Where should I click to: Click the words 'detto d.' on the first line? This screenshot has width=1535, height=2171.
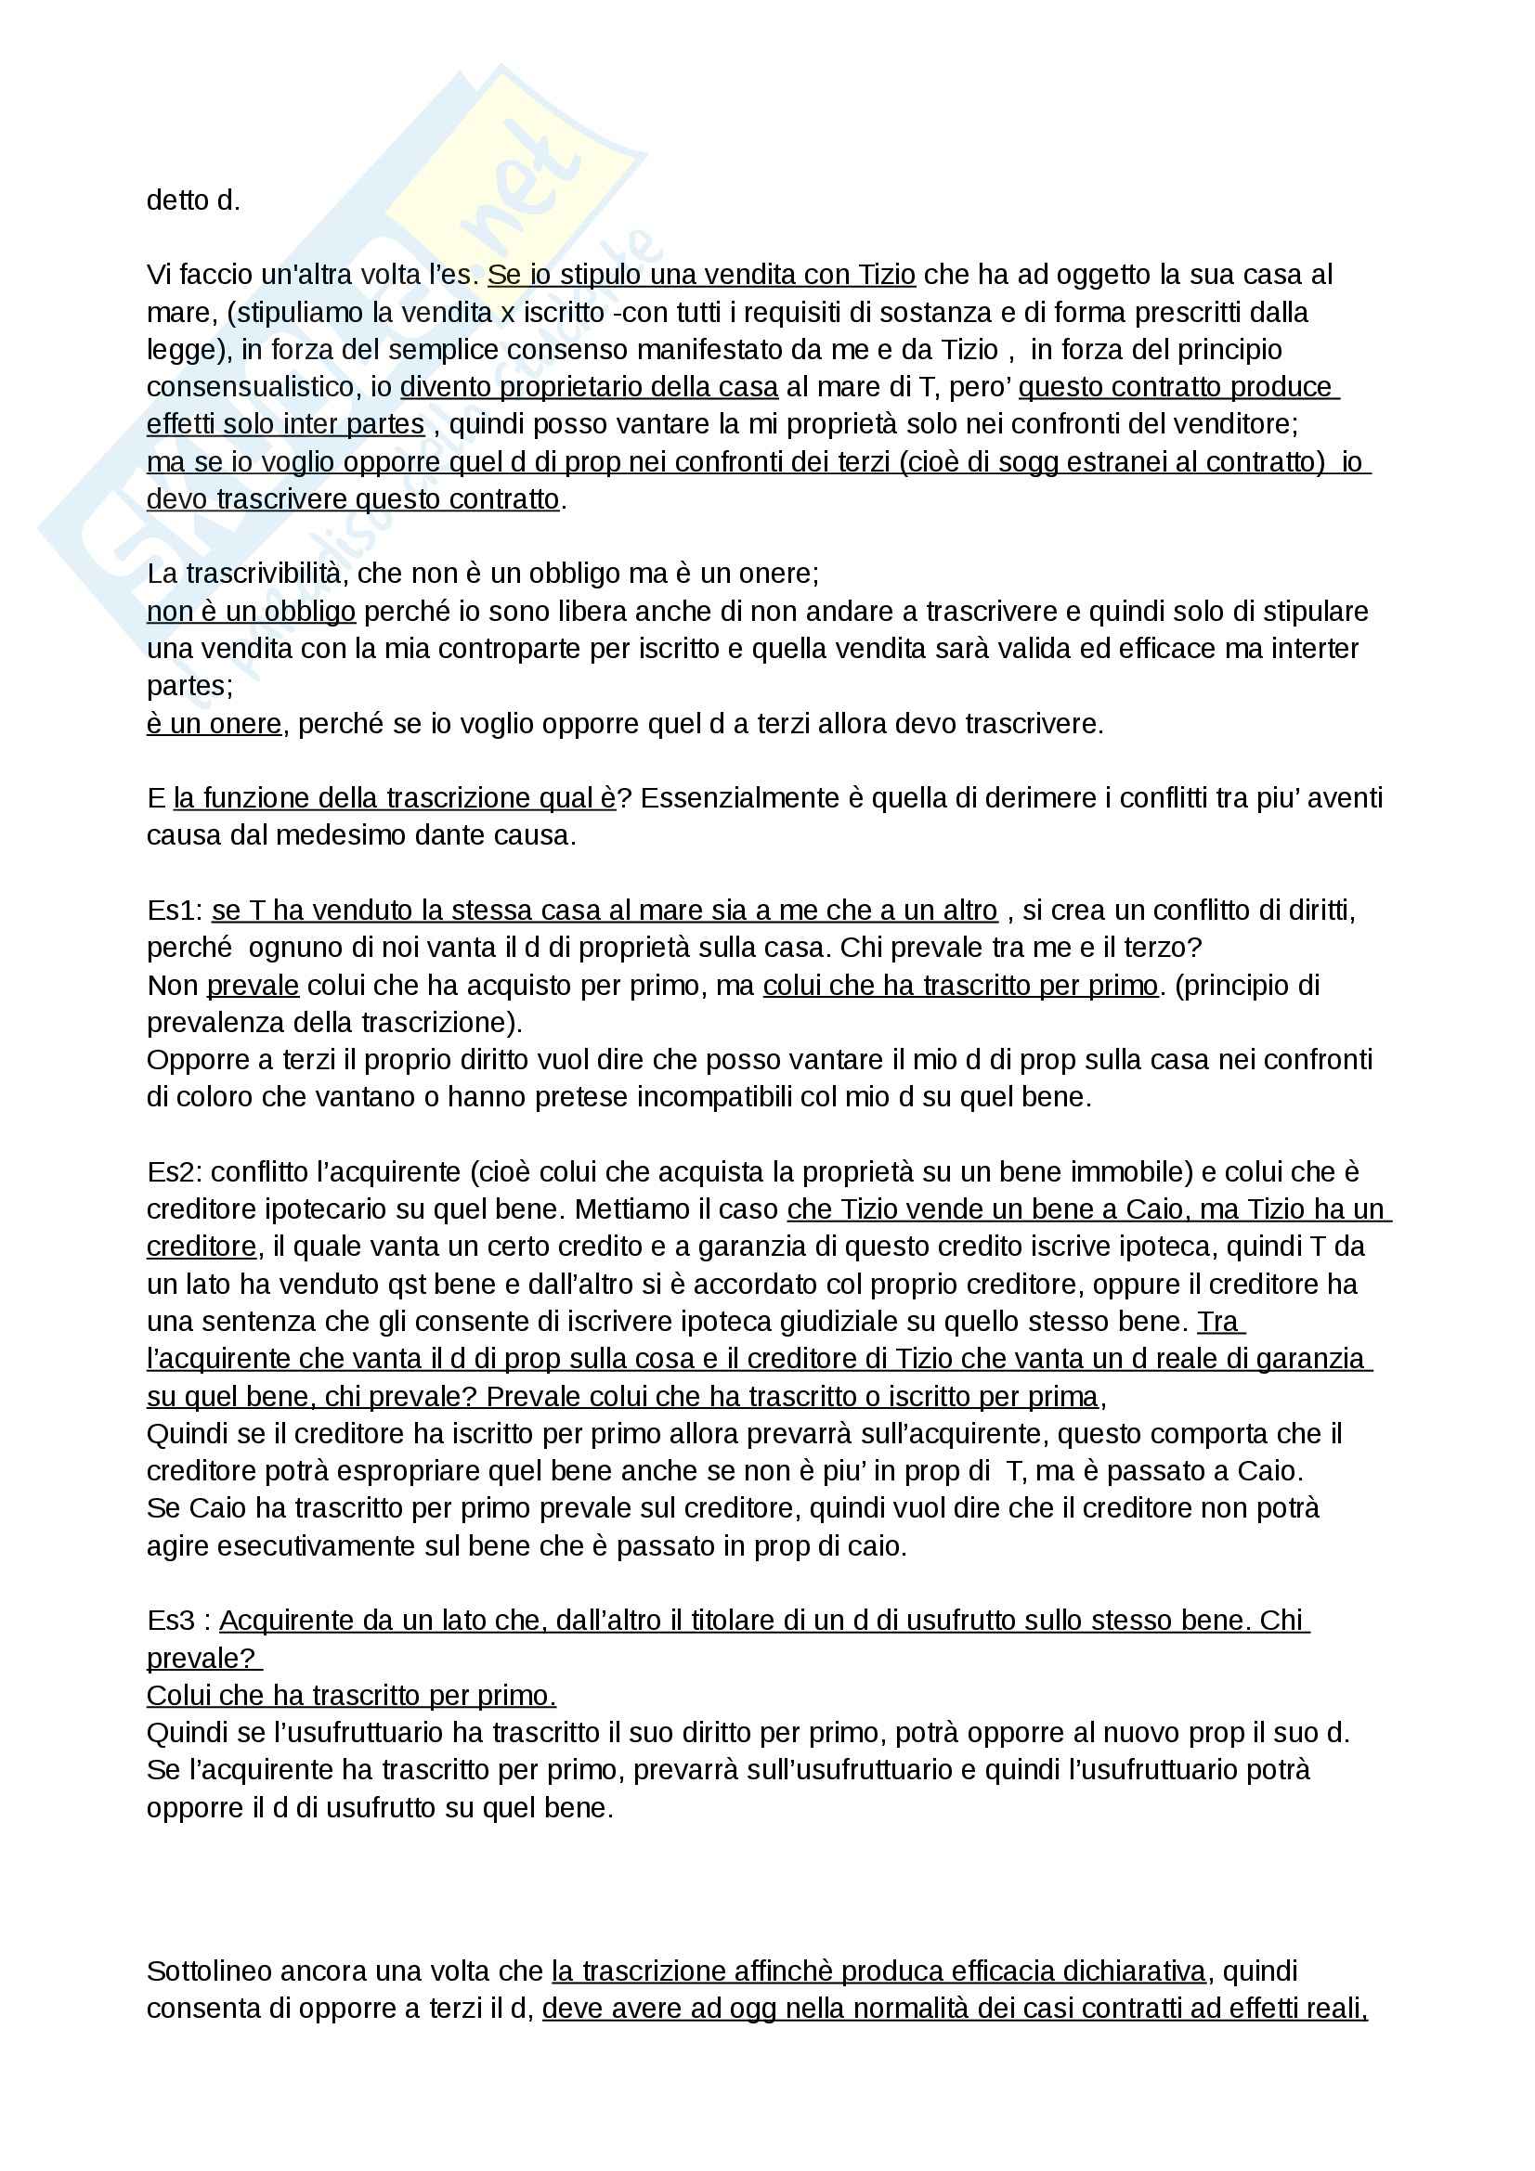(193, 201)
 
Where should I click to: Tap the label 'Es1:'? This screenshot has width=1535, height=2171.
(175, 911)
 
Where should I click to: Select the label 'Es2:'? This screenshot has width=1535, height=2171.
(175, 1172)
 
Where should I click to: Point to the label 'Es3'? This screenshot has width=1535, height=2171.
(171, 1621)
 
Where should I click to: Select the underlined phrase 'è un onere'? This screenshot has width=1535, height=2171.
(214, 724)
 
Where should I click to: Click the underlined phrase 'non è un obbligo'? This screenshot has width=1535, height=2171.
(251, 612)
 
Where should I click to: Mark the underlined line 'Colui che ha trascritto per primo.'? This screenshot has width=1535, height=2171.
(351, 1696)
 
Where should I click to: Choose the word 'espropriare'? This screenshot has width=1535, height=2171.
(409, 1471)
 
